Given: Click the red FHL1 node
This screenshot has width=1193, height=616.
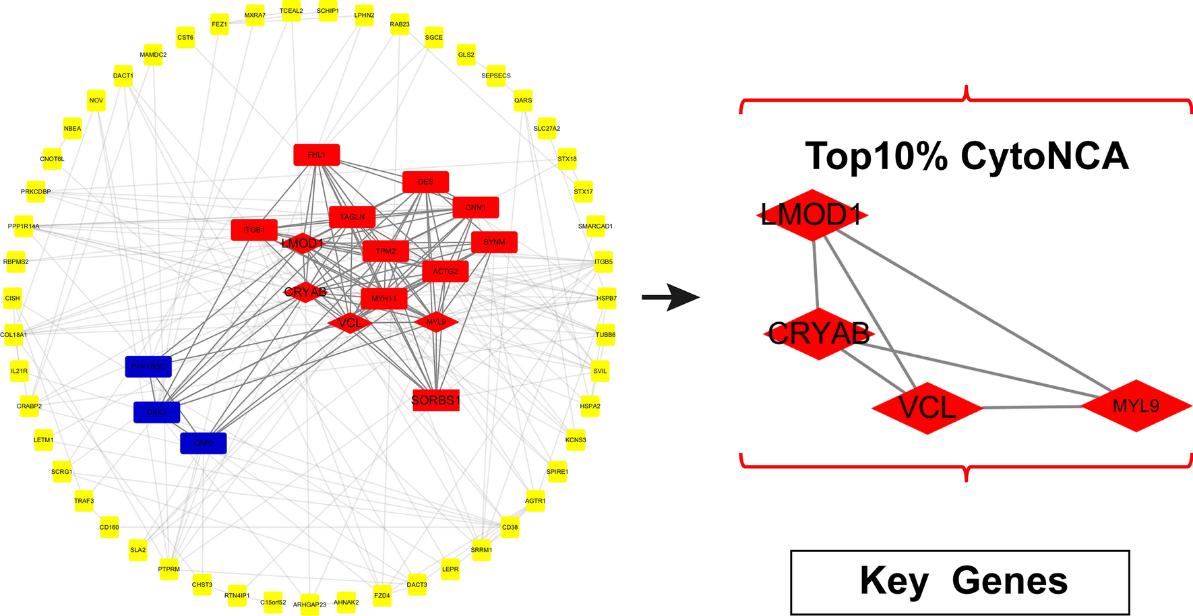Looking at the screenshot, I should point(317,155).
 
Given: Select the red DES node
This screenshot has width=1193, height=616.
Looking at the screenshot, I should point(425,182).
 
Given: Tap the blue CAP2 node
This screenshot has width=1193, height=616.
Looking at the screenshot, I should point(203,443).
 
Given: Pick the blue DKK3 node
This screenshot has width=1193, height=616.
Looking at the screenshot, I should point(156,412).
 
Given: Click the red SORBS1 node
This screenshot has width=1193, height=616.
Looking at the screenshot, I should point(435,400).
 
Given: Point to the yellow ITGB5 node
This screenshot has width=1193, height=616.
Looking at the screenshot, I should point(603,261).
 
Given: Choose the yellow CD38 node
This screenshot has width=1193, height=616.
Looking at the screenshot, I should point(510,527).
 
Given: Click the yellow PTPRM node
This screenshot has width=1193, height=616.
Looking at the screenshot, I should point(169,569).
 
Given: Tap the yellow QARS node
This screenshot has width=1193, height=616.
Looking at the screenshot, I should point(523,100).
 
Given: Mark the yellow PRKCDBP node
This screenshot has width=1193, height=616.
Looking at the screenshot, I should point(36,191).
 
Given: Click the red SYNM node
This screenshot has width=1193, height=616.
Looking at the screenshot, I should point(494,242).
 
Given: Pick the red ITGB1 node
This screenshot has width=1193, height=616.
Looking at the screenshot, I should point(254,230).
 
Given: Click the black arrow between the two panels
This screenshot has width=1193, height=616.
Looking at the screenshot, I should point(670,297).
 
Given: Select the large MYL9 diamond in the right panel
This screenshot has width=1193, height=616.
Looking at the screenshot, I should point(1136,406).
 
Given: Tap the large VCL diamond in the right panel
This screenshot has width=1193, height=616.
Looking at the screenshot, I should point(927,408).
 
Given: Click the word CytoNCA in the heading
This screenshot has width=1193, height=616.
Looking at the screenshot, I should point(1044,156).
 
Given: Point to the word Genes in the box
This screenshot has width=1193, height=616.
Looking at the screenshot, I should point(1010,580).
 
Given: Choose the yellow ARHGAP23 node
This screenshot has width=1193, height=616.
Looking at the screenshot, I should point(309,604).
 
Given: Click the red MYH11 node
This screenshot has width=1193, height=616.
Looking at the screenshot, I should point(384,298).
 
